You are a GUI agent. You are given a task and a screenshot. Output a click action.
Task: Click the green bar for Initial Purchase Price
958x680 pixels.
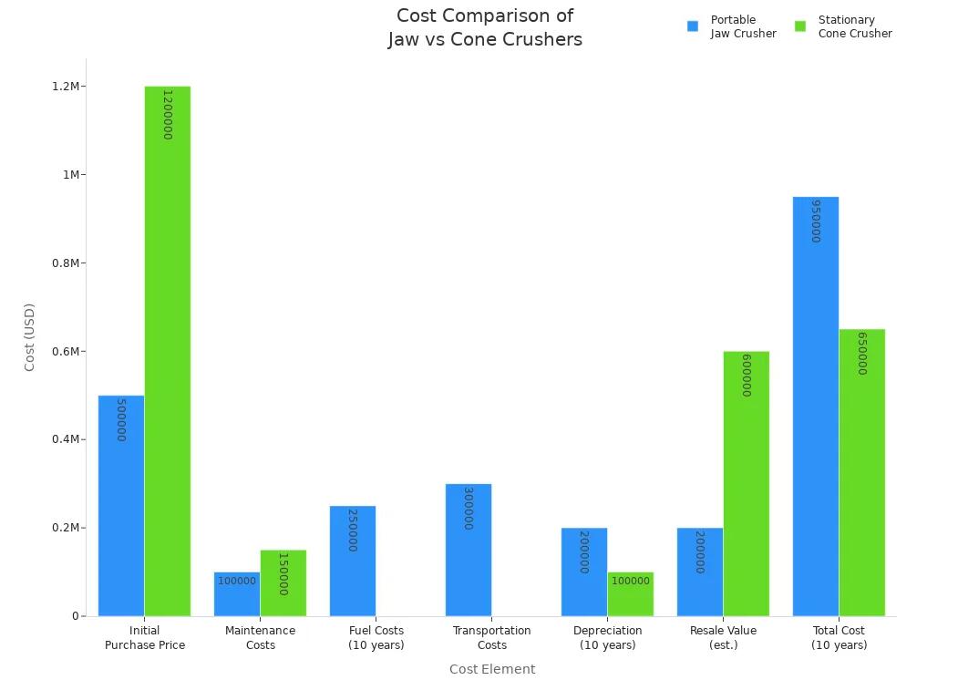[x=168, y=351]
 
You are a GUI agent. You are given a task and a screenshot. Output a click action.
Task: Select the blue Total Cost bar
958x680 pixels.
[x=816, y=407]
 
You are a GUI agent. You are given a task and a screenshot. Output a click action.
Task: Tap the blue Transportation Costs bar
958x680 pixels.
[x=469, y=550]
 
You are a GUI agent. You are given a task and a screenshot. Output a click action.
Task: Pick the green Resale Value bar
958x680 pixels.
[x=747, y=483]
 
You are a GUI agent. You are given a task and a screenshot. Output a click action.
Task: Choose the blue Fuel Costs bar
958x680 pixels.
[x=353, y=561]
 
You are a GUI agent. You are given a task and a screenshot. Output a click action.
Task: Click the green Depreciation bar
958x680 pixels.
[x=631, y=594]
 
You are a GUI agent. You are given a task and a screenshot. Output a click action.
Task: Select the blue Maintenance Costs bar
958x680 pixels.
[x=237, y=594]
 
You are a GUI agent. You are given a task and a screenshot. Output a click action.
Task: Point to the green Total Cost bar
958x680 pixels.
[x=862, y=472]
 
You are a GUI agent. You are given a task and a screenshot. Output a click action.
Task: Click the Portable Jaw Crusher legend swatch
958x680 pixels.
[x=693, y=26]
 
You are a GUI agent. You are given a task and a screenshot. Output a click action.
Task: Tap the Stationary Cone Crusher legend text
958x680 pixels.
[x=854, y=26]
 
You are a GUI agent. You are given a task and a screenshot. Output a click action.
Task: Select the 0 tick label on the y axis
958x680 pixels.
[x=76, y=616]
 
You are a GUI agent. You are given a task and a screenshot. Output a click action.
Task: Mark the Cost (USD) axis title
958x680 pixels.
[x=29, y=337]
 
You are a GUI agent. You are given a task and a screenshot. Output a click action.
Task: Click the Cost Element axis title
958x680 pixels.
[x=492, y=669]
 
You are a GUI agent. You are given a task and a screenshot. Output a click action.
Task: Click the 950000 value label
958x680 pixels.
[x=816, y=221]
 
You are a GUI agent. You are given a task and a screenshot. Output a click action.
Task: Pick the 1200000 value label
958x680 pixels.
[x=168, y=114]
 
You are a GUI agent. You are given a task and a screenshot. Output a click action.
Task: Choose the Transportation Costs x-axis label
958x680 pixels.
[x=492, y=637]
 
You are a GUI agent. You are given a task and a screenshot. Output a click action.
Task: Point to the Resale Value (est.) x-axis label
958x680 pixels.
[x=723, y=637]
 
